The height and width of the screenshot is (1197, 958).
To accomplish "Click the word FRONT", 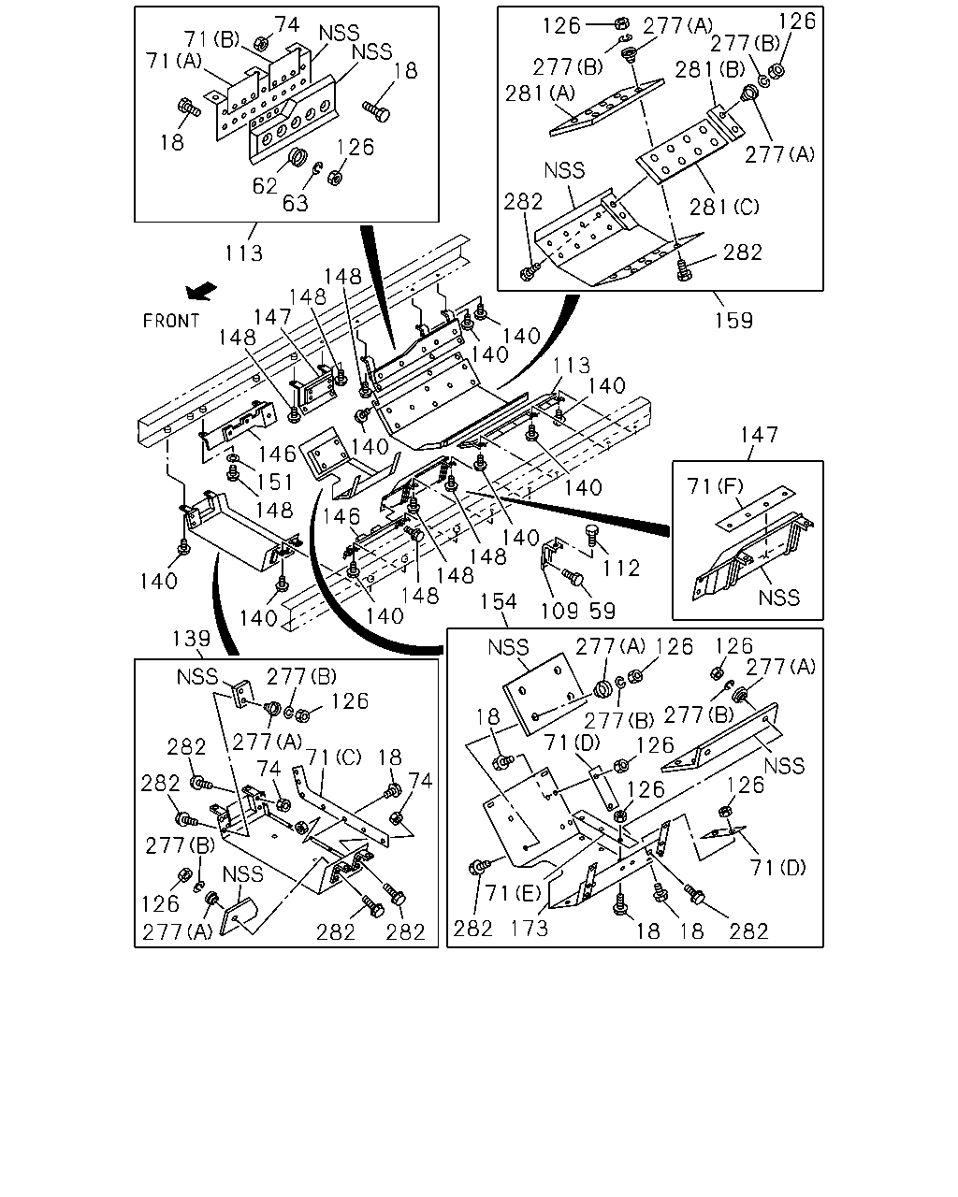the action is [x=171, y=321].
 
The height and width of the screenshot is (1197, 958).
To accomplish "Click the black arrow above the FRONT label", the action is [x=200, y=291].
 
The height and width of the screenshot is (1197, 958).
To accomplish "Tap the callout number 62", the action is [x=265, y=186].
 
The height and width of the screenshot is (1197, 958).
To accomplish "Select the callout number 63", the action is [x=295, y=204].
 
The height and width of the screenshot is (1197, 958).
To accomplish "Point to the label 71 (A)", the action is [x=174, y=60].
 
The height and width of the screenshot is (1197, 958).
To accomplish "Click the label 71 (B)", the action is [x=211, y=39].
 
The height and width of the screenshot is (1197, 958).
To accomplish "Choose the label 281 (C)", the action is [x=724, y=207].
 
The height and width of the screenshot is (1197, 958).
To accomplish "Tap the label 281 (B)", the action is [x=710, y=69].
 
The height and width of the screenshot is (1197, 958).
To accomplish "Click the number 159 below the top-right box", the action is [x=733, y=321].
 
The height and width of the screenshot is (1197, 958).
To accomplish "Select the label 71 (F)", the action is [x=716, y=486].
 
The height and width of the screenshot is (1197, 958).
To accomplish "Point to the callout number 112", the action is [x=620, y=569].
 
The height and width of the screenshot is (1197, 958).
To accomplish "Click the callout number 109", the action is [x=559, y=612].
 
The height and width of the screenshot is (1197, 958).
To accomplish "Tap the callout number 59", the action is [x=602, y=612].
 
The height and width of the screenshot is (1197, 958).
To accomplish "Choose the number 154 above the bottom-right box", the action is [x=499, y=601].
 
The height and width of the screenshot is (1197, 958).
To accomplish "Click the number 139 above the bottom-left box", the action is [x=191, y=639].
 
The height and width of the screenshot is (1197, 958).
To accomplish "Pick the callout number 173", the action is [x=530, y=928].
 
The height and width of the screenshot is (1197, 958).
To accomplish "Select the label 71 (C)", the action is [x=333, y=757].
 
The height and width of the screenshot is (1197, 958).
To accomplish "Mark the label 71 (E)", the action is [x=513, y=893].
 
